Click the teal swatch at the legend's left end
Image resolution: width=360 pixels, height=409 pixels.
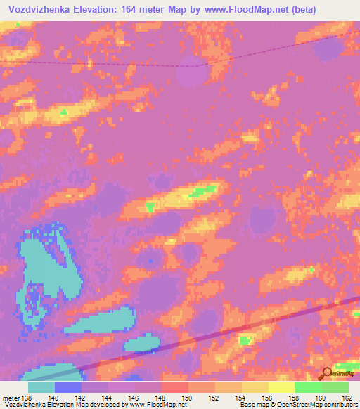pos(41,387)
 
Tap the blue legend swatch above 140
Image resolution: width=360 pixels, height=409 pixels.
pos(68,387)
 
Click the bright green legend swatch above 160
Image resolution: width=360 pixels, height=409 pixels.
pos(308,387)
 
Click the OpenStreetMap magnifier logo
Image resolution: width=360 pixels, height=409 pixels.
pos(327,374)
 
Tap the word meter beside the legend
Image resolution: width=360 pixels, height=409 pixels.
pos(11,398)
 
